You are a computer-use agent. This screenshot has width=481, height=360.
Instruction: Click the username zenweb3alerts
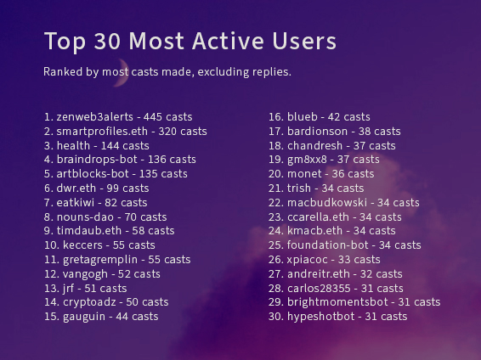click(x=95, y=116)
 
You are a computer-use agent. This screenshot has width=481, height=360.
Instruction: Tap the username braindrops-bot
click(x=97, y=160)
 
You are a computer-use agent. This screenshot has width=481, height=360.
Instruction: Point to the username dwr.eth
click(x=76, y=188)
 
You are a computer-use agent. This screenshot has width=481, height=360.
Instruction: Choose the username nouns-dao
click(x=85, y=217)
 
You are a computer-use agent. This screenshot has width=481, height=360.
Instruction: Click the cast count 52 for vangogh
click(x=124, y=274)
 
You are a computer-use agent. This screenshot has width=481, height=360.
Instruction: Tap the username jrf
click(x=68, y=289)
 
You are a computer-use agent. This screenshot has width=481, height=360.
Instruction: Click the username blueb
click(x=303, y=116)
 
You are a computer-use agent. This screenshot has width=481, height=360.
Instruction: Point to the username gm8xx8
click(x=307, y=160)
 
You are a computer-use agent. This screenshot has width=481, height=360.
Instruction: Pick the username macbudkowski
click(x=327, y=203)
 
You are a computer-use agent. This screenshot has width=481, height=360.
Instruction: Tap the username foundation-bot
click(x=328, y=245)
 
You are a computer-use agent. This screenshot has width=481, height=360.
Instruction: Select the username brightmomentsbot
click(x=337, y=302)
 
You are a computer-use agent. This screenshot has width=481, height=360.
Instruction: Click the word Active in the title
click(x=228, y=41)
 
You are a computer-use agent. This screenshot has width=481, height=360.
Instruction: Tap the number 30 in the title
click(x=107, y=41)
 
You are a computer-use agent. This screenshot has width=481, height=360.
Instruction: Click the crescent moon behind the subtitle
click(x=123, y=74)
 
